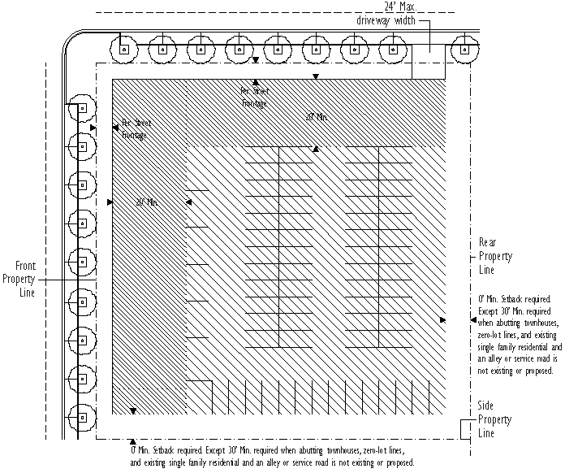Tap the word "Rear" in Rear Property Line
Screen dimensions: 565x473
(x=487, y=243)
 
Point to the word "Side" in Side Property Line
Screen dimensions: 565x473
(x=486, y=406)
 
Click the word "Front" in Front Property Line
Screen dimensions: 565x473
(x=24, y=266)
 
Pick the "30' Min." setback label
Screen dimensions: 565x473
(x=317, y=118)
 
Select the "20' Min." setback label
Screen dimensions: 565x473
(x=147, y=202)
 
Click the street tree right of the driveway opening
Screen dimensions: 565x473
(x=464, y=49)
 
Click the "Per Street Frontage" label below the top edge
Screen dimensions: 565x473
(x=254, y=98)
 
